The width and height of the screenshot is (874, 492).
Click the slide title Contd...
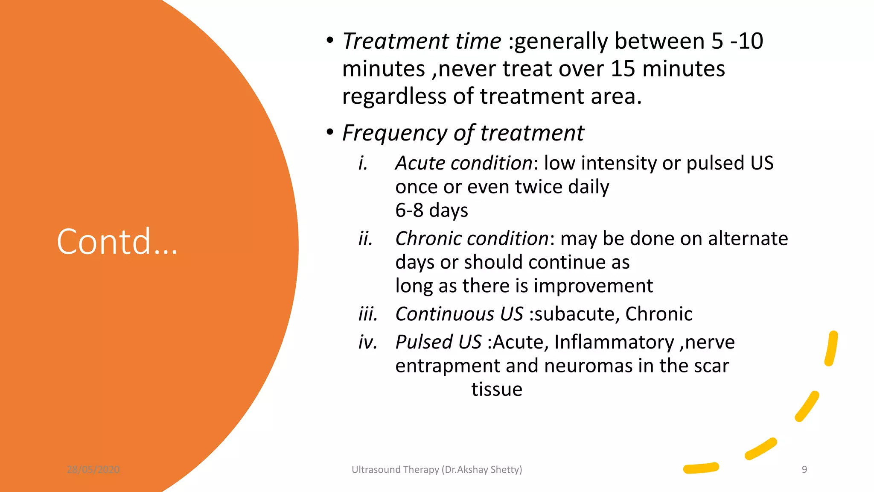117,242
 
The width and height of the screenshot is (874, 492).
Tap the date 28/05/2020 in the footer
93,469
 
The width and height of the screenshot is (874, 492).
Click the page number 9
804,469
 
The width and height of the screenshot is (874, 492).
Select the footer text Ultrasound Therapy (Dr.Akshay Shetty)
437,469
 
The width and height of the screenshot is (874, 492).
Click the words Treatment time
422,41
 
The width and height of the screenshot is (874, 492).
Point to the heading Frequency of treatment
463,133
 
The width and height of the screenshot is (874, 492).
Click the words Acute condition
463,163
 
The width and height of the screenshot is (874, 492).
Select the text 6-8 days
431,210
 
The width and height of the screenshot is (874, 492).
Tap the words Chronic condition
472,238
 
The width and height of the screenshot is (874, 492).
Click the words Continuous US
459,314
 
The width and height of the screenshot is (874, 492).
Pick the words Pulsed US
438,342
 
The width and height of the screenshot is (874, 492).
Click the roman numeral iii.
367,314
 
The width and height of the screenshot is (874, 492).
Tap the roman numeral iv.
367,342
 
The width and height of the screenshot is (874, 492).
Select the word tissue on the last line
497,389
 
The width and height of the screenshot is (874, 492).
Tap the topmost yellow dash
831,348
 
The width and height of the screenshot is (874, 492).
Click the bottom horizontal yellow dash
701,468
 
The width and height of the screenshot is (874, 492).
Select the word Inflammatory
614,342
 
